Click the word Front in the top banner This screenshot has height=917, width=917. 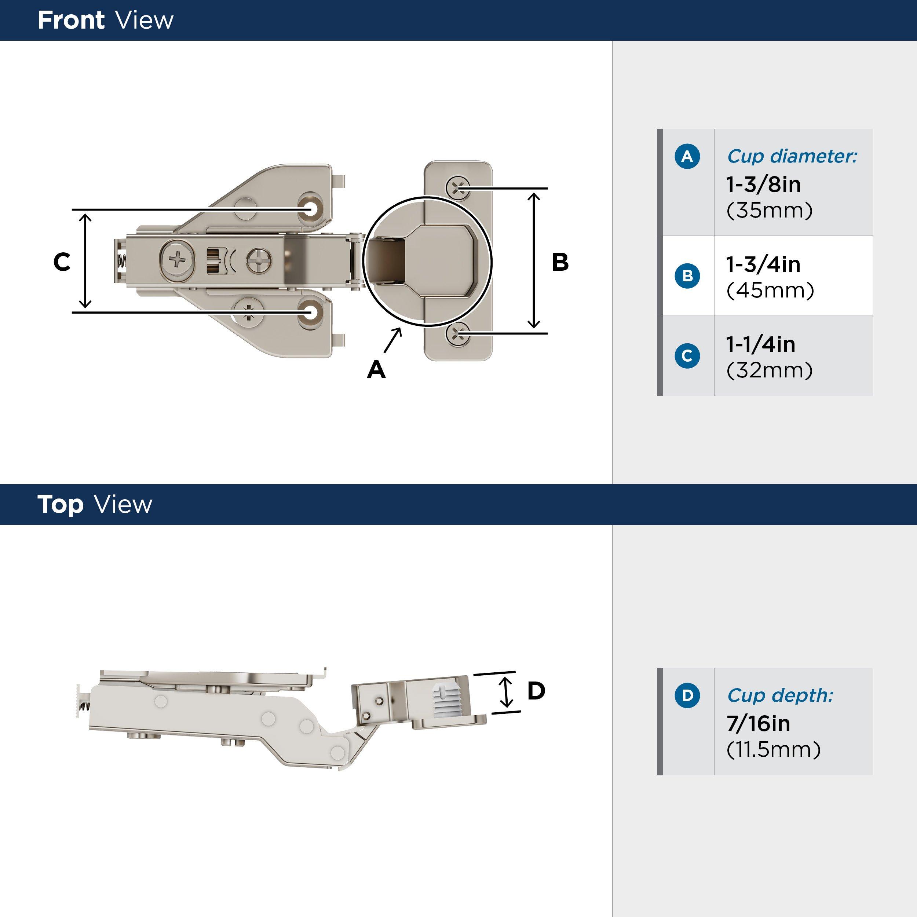coord(71,21)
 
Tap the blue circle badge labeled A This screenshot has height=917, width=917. coord(687,156)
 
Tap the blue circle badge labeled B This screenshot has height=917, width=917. coord(687,276)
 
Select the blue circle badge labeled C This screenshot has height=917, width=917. coord(687,355)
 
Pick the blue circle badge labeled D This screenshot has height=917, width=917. coord(687,695)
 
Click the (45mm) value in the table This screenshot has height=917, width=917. coord(770,290)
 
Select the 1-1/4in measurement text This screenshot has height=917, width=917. coord(760,344)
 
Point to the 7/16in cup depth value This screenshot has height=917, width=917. coord(758,723)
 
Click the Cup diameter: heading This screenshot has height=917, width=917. coord(792,156)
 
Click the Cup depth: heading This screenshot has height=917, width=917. coord(780,695)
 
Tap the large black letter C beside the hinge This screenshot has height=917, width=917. coord(62,262)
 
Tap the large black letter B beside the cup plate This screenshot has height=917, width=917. coord(560,262)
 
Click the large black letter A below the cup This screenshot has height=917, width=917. coord(376,369)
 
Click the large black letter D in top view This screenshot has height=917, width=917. coord(536,691)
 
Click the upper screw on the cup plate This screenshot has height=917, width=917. coord(457,188)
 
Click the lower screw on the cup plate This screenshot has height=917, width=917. coord(457,334)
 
